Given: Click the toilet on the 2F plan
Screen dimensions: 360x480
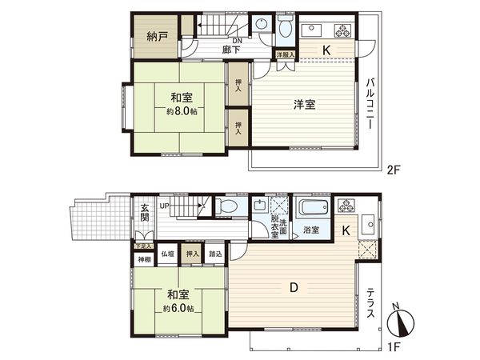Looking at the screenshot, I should click(x=286, y=30).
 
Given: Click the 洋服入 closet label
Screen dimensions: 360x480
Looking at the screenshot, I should click(x=286, y=54).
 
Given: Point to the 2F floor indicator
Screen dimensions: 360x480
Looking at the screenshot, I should click(x=393, y=170).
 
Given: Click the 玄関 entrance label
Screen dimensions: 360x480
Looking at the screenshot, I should click(x=145, y=212).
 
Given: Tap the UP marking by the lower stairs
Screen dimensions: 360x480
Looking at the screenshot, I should click(x=165, y=206).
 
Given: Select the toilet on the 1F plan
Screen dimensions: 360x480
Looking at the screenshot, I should click(x=228, y=207).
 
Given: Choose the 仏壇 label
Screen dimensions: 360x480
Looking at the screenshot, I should click(x=167, y=254).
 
